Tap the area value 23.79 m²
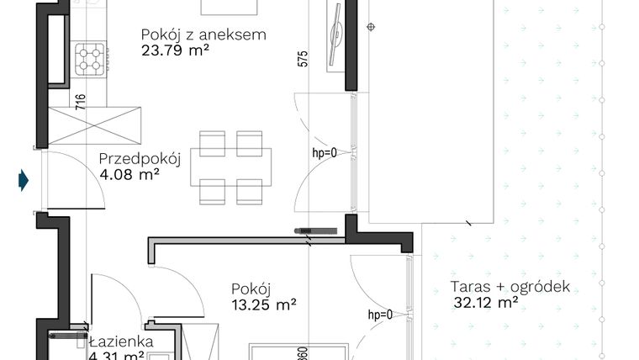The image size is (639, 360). (x=173, y=51)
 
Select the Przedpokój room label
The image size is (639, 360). (x=140, y=159)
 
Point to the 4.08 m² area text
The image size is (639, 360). (x=129, y=175)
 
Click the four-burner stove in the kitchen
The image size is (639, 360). (x=91, y=58)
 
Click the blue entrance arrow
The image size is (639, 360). (x=24, y=178)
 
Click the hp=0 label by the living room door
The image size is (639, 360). (x=324, y=153)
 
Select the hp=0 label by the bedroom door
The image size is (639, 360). (x=380, y=315)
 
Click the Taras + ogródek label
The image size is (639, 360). (x=510, y=287)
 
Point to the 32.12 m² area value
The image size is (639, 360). (x=485, y=303)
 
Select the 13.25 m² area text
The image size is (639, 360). (x=264, y=304)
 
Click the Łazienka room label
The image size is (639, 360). (x=120, y=341)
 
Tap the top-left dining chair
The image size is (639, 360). (x=212, y=140)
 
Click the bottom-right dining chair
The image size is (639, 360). (x=251, y=191)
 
